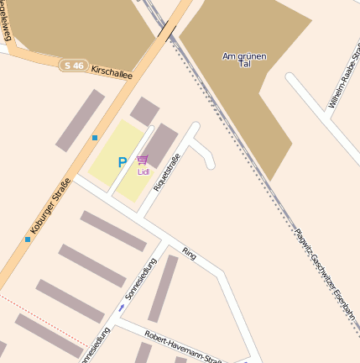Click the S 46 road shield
(x=73, y=64)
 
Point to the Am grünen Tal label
(x=244, y=60)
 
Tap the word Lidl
(x=143, y=171)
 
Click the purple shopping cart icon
(x=143, y=160)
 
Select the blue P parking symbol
(x=122, y=162)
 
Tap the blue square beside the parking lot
(x=95, y=137)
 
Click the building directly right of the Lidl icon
(x=160, y=144)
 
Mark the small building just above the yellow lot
(x=144, y=110)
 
